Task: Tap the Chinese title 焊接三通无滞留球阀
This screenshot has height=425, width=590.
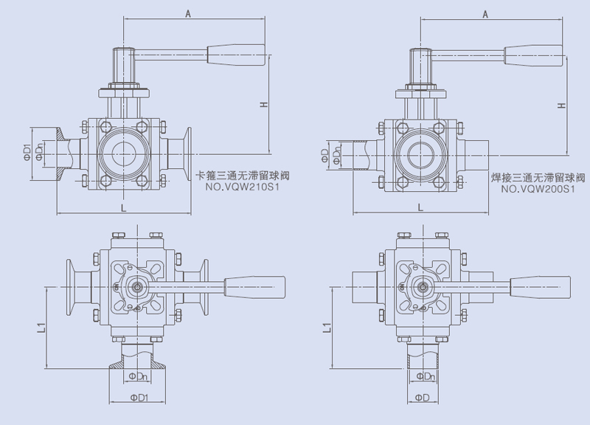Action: click(x=538, y=178)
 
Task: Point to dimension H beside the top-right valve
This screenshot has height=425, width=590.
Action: click(x=562, y=106)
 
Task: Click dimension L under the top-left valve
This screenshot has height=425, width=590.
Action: click(x=123, y=208)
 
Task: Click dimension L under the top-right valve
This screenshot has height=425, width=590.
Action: click(x=420, y=209)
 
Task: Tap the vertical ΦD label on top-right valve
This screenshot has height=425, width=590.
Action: click(x=325, y=155)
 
